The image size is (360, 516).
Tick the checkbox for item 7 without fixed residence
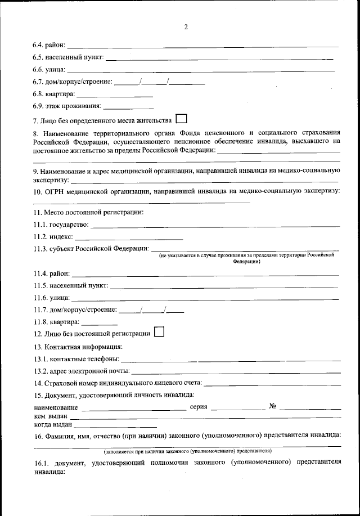[181, 119]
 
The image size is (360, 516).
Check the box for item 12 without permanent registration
[158, 332]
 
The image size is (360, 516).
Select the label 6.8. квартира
[53, 94]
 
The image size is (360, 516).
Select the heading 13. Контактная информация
[78, 347]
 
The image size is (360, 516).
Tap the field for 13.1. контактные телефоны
[231, 359]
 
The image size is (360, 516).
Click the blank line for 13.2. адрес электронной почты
[236, 371]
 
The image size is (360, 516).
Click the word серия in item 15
[199, 407]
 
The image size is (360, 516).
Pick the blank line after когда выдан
[115, 425]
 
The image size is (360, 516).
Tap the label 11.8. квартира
[56, 322]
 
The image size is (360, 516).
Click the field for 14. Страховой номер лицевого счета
[272, 384]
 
